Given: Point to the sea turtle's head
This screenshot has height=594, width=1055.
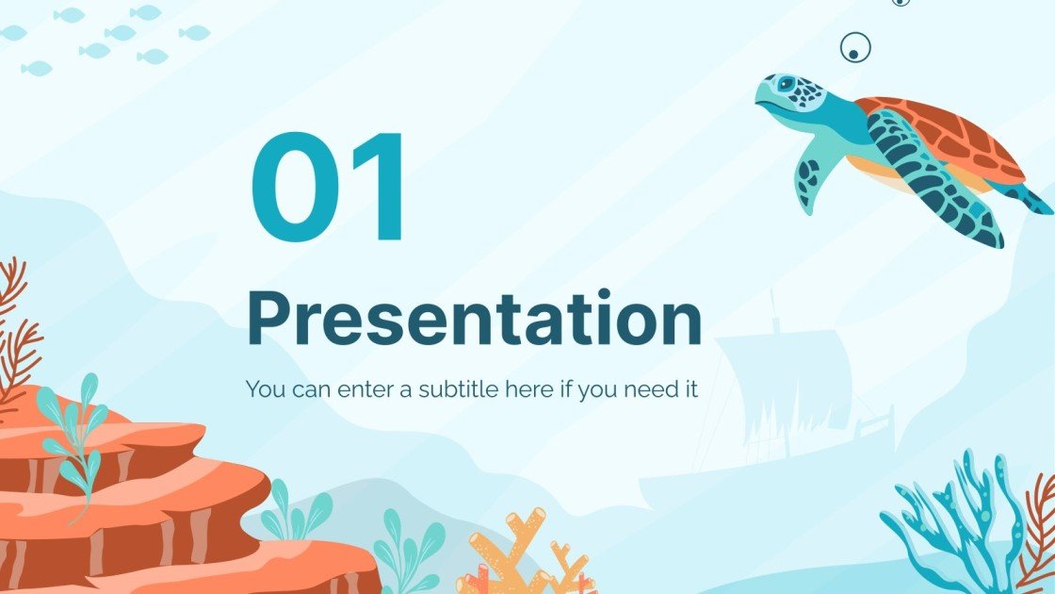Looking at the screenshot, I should point(789,99).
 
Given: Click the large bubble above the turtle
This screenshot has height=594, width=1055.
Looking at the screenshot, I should point(854,46).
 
